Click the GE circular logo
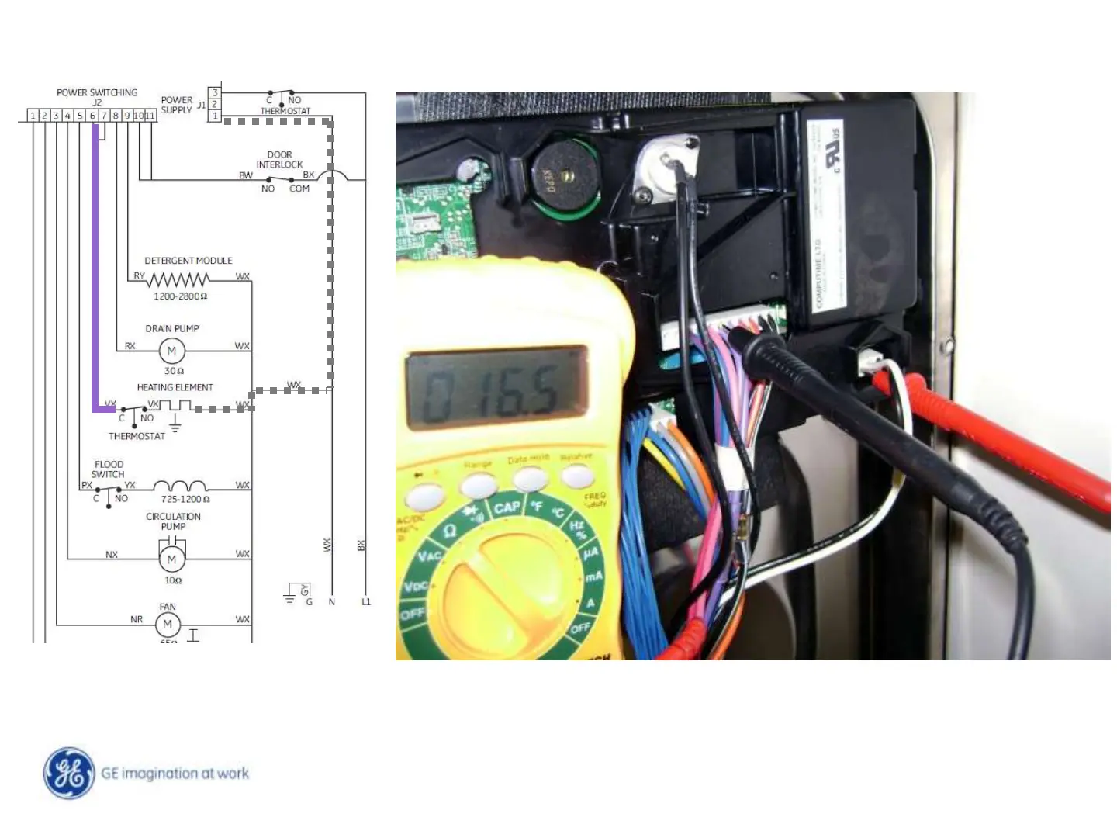(x=70, y=773)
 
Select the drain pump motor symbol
(x=171, y=351)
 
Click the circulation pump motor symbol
(x=171, y=559)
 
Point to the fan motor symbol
(x=168, y=624)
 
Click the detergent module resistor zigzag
(x=178, y=279)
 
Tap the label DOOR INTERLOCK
(x=279, y=160)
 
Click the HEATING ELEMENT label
(x=175, y=387)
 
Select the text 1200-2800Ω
(x=180, y=296)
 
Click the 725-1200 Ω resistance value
(x=185, y=499)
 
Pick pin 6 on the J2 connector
(x=92, y=116)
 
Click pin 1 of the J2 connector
(x=33, y=116)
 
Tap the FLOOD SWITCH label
(x=109, y=469)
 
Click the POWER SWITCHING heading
(x=97, y=92)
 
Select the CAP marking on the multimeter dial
(x=507, y=507)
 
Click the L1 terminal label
(x=366, y=601)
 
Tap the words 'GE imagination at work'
(x=175, y=774)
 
